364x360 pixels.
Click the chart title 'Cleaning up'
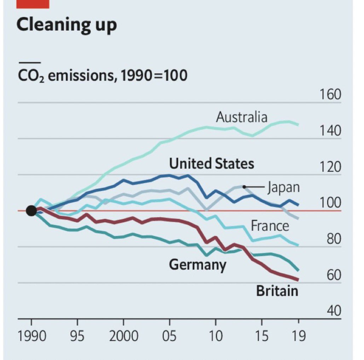(67, 25)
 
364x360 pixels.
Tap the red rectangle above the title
(33, 4)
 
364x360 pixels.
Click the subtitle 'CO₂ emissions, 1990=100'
(102, 75)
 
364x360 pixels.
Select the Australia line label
(242, 117)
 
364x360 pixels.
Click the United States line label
(212, 164)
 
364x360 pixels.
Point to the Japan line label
(283, 187)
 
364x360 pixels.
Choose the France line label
(270, 226)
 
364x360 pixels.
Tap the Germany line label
(197, 264)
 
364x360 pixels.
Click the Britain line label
(277, 291)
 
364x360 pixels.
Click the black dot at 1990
(31, 211)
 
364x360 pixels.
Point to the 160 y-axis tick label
(330, 95)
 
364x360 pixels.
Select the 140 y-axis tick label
(330, 131)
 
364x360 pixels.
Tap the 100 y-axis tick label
(330, 203)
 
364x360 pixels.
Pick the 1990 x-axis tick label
(31, 336)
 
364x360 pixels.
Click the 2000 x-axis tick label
(123, 336)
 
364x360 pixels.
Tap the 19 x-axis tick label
(298, 336)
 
